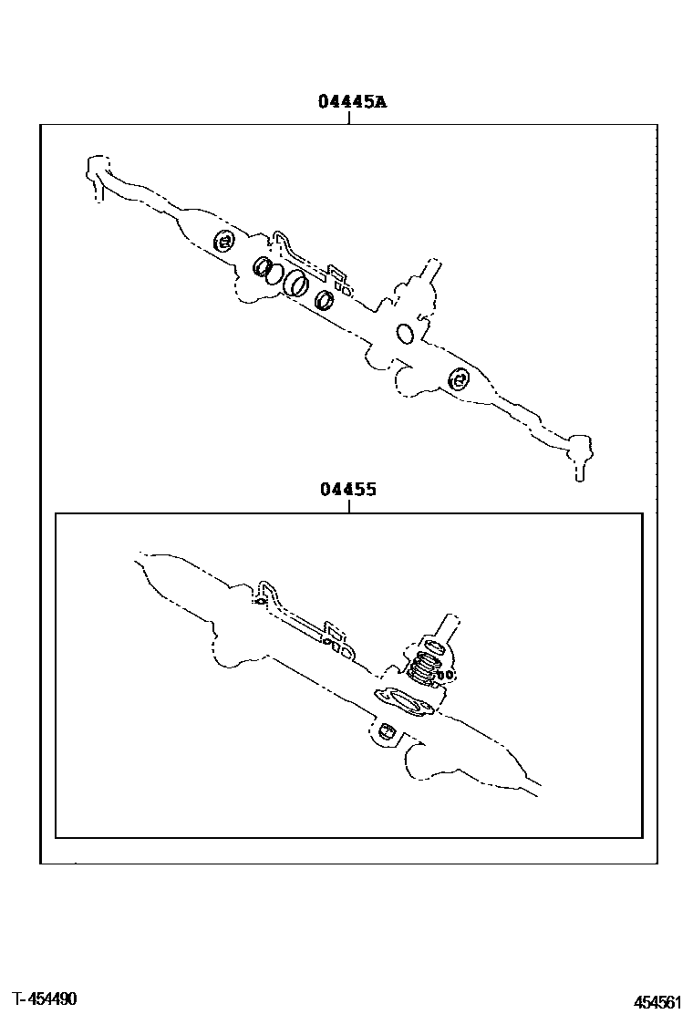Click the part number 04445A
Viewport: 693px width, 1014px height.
pos(352,101)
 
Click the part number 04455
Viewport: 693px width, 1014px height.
pos(347,490)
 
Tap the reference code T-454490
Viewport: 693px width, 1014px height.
pos(45,999)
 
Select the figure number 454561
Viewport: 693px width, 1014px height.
pos(657,1002)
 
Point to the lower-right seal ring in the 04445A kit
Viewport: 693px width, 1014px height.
pos(458,379)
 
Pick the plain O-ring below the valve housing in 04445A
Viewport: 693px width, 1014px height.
pos(406,334)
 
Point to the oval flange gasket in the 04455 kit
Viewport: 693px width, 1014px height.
pos(406,702)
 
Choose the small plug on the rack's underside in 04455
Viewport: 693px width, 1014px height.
pos(388,730)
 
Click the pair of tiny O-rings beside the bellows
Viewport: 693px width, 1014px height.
pos(445,675)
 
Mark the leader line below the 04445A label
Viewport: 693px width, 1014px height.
pos(349,117)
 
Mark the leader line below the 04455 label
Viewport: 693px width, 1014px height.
pos(349,506)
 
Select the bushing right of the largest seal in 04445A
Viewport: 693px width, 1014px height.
pos(325,299)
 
